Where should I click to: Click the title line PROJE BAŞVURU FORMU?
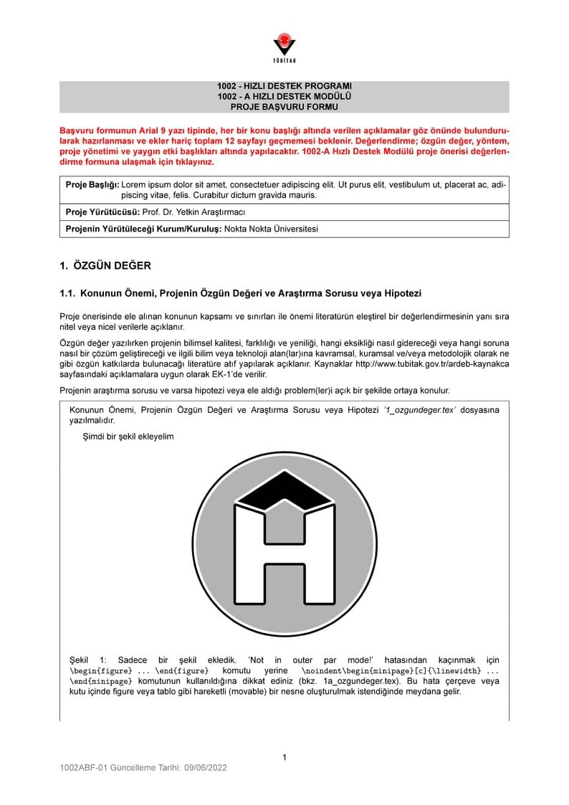point(284,107)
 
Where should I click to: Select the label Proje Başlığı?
point(92,185)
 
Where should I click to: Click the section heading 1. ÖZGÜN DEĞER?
point(105,266)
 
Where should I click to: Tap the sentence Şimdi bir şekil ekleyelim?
point(128,436)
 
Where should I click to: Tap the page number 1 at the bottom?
point(284,757)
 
